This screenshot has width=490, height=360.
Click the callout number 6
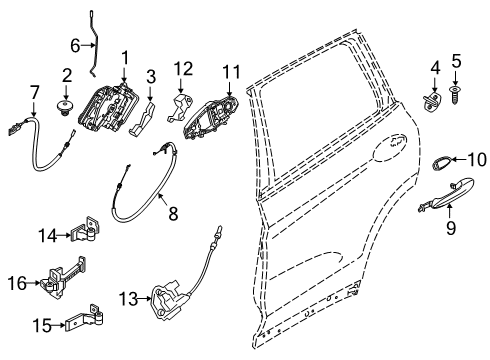click(x=75, y=45)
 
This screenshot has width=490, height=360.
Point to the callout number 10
click(x=477, y=158)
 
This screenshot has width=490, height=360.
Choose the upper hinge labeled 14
click(x=90, y=232)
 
